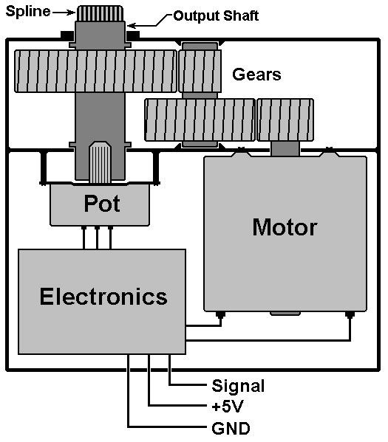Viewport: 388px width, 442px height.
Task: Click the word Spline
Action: pyautogui.click(x=28, y=12)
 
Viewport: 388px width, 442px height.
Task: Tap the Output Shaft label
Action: pyautogui.click(x=216, y=15)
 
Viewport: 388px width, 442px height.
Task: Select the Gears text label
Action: pyautogui.click(x=256, y=75)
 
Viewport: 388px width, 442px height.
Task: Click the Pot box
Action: pyautogui.click(x=100, y=204)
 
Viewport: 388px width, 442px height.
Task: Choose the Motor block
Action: pyautogui.click(x=285, y=234)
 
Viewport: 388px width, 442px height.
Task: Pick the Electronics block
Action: pyautogui.click(x=102, y=301)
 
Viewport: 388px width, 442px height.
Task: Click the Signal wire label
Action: pyautogui.click(x=238, y=386)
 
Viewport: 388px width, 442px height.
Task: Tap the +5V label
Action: pyautogui.click(x=228, y=407)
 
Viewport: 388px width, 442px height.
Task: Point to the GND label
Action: pyautogui.click(x=231, y=429)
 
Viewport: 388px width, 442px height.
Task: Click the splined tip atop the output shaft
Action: pyautogui.click(x=101, y=13)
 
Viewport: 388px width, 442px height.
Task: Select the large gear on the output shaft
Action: pyautogui.click(x=95, y=71)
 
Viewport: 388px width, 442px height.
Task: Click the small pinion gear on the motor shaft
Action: pyautogui.click(x=285, y=120)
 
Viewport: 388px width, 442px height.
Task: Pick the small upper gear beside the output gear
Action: pyautogui.click(x=200, y=71)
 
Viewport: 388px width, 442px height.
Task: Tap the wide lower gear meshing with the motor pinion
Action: pyautogui.click(x=200, y=120)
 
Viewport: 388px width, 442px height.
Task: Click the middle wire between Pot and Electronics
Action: pyautogui.click(x=97, y=238)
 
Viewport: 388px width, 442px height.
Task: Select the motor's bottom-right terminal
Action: pyautogui.click(x=350, y=315)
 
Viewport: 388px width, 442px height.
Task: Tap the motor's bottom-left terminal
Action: pyautogui.click(x=220, y=315)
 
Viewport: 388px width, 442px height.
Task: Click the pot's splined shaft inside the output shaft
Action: pyautogui.click(x=100, y=162)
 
